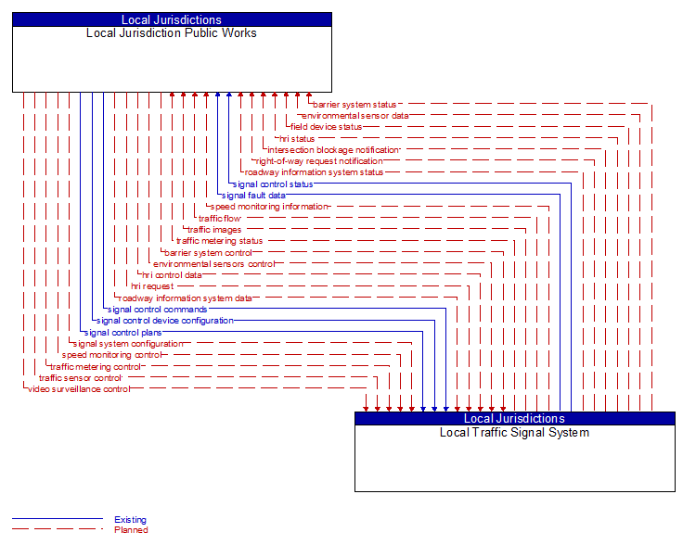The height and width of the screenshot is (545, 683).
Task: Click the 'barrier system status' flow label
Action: pyautogui.click(x=354, y=105)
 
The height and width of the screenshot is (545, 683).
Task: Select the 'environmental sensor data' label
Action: pyautogui.click(x=354, y=116)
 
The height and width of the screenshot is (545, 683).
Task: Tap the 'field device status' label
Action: pyautogui.click(x=326, y=127)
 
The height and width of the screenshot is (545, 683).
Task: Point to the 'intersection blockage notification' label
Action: pyautogui.click(x=333, y=150)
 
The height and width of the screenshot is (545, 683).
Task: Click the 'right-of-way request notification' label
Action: pyautogui.click(x=318, y=161)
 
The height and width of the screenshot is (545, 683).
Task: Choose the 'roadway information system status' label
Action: pyautogui.click(x=314, y=172)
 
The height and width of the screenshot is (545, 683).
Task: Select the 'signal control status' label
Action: pyautogui.click(x=273, y=184)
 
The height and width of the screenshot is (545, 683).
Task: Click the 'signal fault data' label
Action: pyautogui.click(x=253, y=196)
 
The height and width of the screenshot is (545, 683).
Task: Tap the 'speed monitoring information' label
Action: pyautogui.click(x=269, y=207)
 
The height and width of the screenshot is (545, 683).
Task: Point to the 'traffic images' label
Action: pyautogui.click(x=214, y=230)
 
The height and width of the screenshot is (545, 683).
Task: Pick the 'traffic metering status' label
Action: pyautogui.click(x=219, y=241)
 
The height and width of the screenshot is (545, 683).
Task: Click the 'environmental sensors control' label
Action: pyautogui.click(x=213, y=264)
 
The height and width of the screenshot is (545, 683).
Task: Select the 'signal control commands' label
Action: pyautogui.click(x=157, y=310)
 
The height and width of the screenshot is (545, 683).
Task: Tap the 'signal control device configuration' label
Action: pyautogui.click(x=164, y=321)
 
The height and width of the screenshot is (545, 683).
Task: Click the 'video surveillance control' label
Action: pyautogui.click(x=79, y=389)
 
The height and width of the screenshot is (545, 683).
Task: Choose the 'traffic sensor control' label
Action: pyautogui.click(x=80, y=378)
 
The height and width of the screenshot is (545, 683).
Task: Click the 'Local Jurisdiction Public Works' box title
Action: pyautogui.click(x=172, y=33)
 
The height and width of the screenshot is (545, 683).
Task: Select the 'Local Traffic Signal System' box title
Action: pyautogui.click(x=514, y=433)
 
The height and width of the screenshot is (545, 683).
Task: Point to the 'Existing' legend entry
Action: pyautogui.click(x=130, y=520)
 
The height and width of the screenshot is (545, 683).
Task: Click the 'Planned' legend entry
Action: pyautogui.click(x=130, y=530)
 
